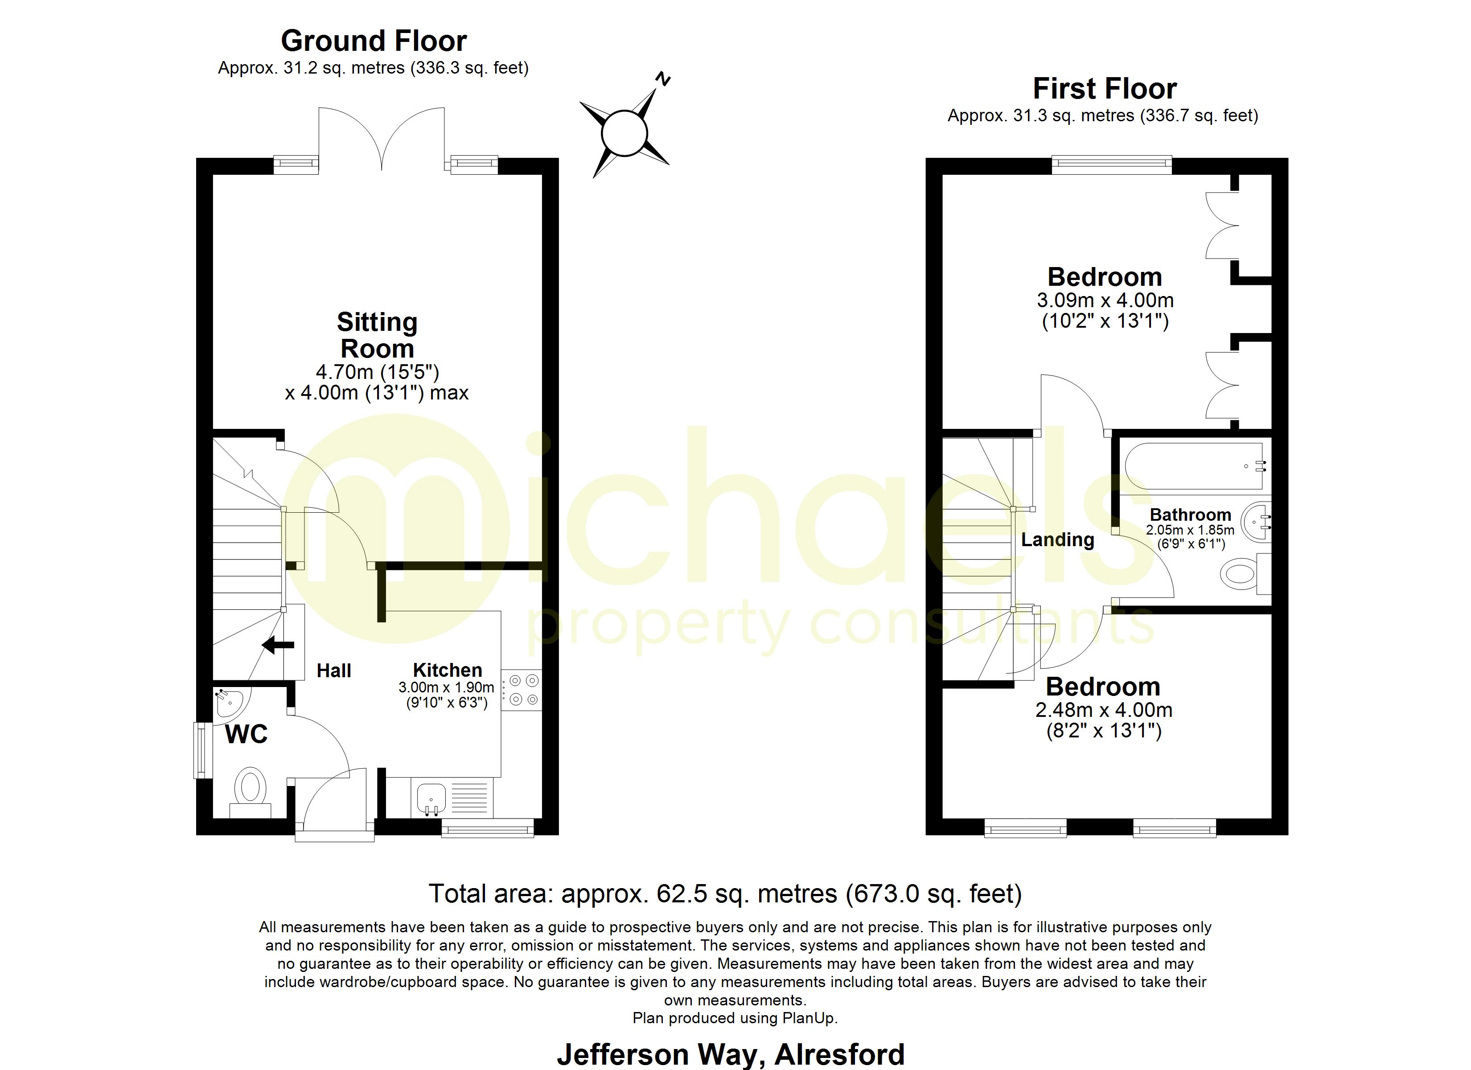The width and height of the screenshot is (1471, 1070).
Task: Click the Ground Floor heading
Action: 374,41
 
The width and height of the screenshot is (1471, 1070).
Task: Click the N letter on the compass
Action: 662,79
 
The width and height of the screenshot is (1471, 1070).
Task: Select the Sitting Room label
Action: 377,335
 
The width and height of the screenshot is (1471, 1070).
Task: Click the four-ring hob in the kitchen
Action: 523,690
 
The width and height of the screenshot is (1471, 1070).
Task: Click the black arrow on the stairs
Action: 278,645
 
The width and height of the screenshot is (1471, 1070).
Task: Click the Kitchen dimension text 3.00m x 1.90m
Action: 446,687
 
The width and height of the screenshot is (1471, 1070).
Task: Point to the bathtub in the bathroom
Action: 1193,466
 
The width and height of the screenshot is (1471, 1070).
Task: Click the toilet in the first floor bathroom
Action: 1240,574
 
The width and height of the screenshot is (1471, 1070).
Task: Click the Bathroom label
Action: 1190,514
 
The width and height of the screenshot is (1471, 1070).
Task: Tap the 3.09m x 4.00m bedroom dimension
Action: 1105,300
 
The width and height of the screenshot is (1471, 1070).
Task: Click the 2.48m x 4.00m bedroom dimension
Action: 1104,711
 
